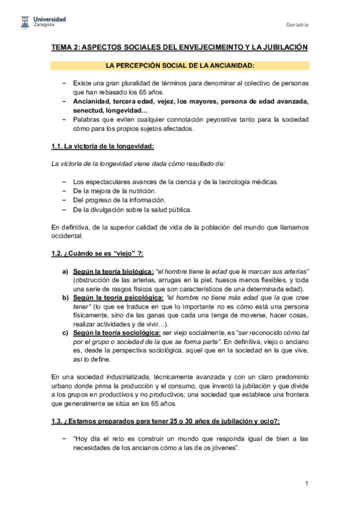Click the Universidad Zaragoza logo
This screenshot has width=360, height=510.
tap(41, 23)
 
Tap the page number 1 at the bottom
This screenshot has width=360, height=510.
tap(307, 484)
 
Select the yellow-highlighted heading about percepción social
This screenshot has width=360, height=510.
tap(180, 65)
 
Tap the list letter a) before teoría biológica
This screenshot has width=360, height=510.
tap(66, 272)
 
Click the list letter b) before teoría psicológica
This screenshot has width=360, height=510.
tap(66, 298)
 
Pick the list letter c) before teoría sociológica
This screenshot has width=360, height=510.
tap(66, 333)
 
